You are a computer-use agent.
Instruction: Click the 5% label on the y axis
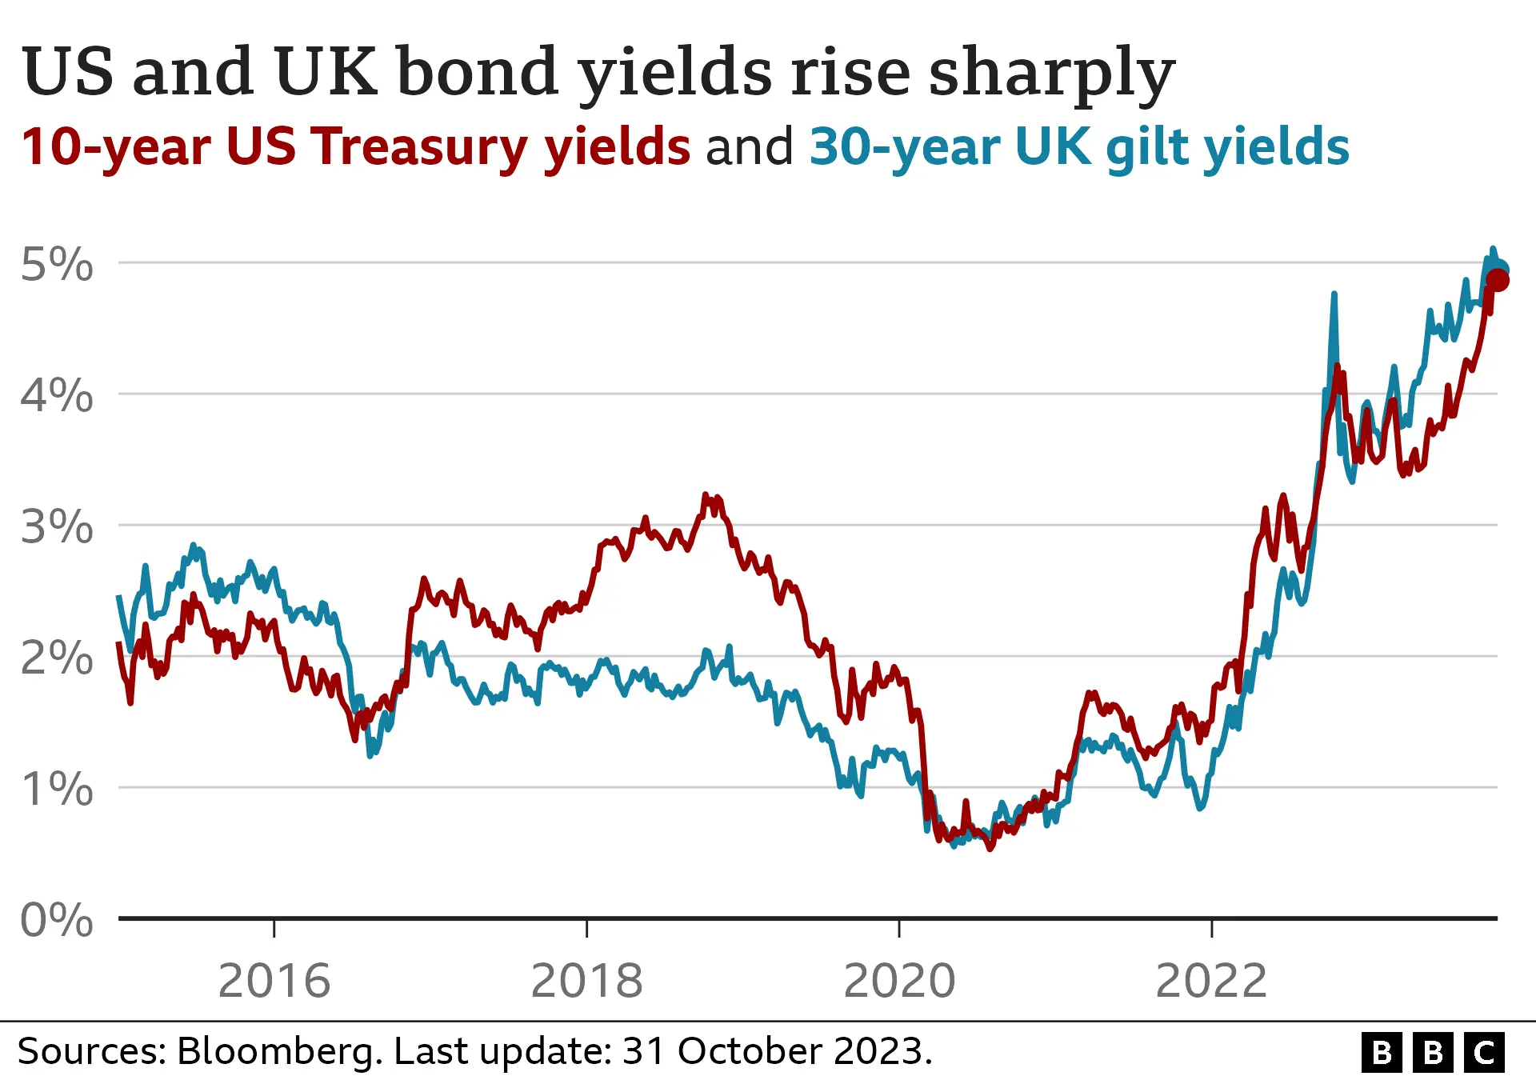[56, 265]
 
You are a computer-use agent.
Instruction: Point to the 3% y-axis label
[56, 527]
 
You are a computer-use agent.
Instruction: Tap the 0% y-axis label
[56, 920]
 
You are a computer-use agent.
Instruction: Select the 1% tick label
[56, 790]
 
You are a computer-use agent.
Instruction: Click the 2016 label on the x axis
[274, 981]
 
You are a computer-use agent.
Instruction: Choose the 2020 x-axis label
[899, 981]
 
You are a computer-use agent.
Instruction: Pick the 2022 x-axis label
[1211, 981]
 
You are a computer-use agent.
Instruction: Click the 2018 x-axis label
[586, 981]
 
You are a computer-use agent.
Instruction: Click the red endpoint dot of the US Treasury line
[1498, 280]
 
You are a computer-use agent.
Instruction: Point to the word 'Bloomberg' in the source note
[278, 1051]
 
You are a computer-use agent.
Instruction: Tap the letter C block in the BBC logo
[1485, 1052]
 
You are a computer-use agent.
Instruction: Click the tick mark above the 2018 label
[586, 928]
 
